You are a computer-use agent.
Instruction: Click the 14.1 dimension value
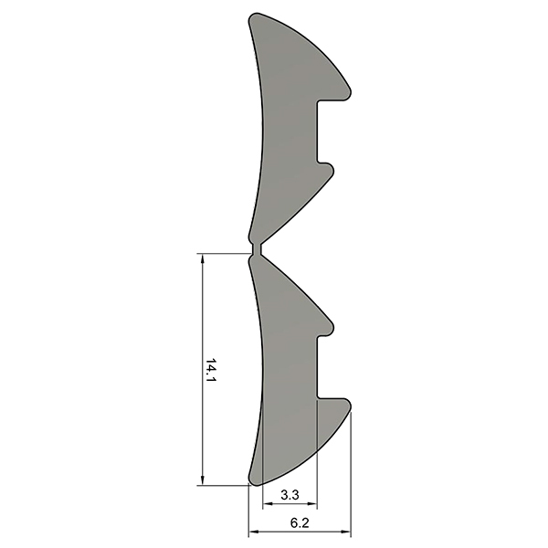coord(211,370)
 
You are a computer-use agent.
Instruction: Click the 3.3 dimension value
coord(290,495)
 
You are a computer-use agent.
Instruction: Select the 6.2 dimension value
coord(300,523)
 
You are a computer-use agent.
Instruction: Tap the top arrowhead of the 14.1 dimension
coord(203,259)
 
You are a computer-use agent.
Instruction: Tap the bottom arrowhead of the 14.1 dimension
coord(203,479)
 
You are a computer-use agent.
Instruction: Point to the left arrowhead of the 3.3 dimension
coord(268,504)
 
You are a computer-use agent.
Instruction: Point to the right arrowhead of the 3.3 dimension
coord(311,504)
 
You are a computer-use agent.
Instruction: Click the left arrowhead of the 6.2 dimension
coord(254,532)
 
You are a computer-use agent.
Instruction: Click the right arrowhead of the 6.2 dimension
coord(345,532)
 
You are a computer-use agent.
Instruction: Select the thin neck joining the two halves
coord(257,249)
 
